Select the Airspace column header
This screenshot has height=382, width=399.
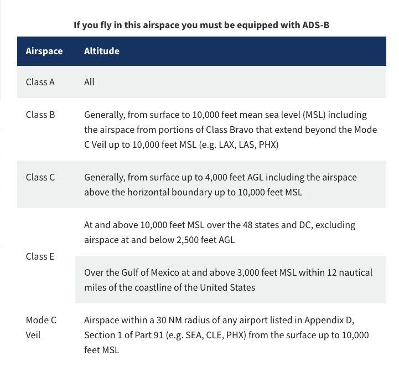(x=44, y=51)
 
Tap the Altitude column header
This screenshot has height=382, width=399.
(x=101, y=51)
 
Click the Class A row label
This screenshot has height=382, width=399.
(x=40, y=82)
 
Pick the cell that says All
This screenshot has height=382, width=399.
(x=89, y=82)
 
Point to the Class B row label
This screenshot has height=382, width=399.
(x=40, y=115)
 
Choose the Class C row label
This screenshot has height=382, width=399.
(x=40, y=177)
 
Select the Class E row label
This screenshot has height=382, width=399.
(x=40, y=256)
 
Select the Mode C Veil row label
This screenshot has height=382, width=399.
(x=41, y=327)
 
